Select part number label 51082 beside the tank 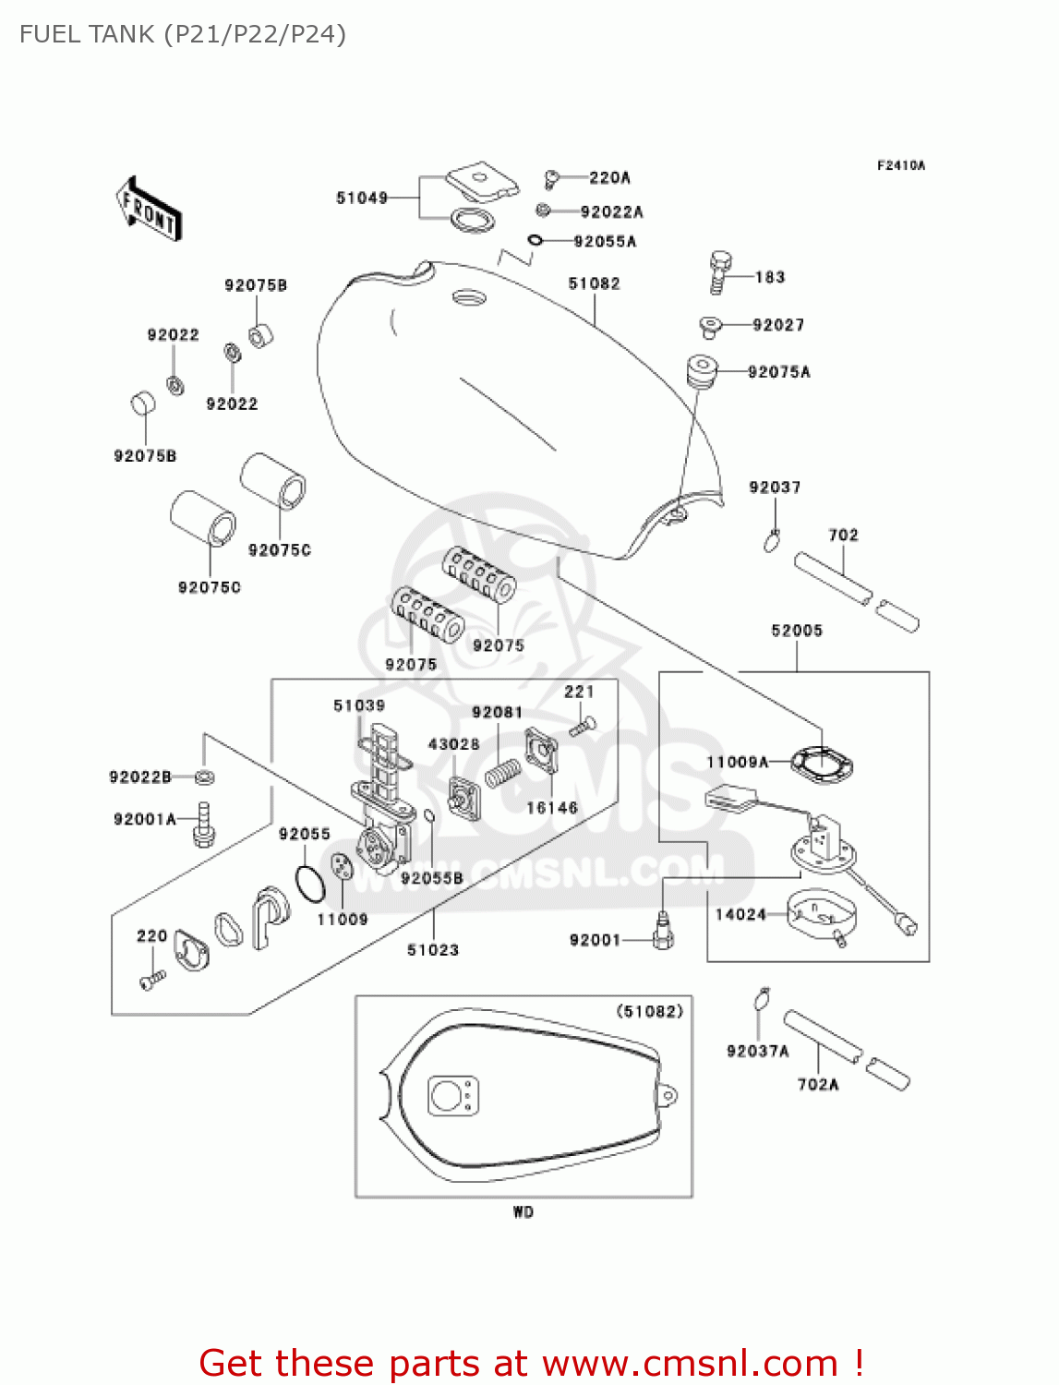594,283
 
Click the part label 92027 777,325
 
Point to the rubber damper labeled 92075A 702,371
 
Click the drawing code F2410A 900,166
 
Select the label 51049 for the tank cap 362,198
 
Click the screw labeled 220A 552,177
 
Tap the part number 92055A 605,242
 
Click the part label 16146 551,808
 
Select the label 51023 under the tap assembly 432,950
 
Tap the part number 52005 796,631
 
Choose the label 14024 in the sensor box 740,914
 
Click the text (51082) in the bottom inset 649,1012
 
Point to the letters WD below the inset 523,1212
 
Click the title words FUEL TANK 87,35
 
